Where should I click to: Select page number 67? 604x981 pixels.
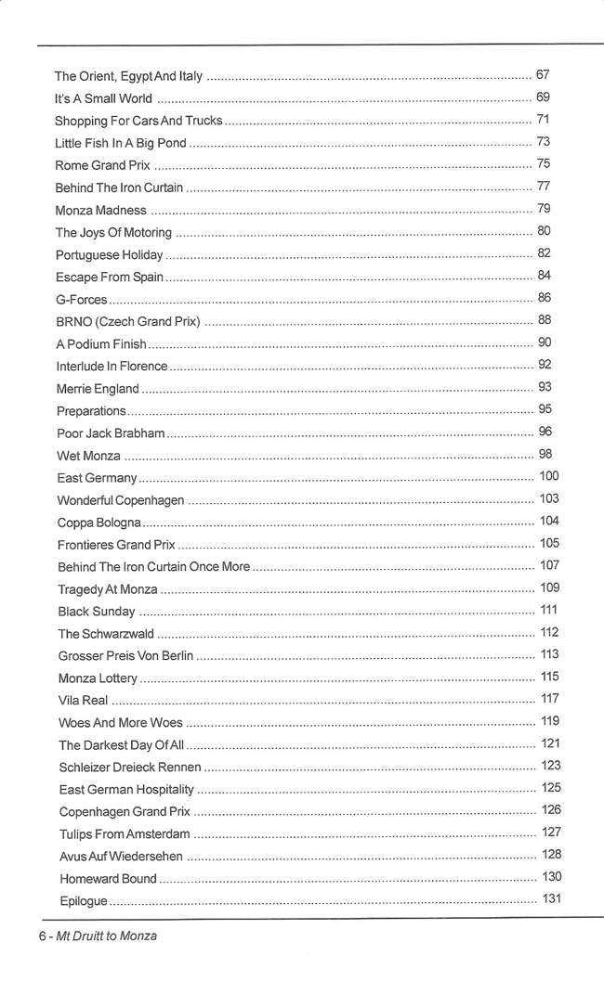coord(544,74)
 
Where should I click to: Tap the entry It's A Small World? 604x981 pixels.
coord(103,98)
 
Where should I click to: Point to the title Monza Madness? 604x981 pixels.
coord(101,210)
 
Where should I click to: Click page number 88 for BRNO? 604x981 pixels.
coord(545,320)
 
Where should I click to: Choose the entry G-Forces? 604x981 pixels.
coord(82,299)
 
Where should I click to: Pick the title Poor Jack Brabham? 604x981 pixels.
coord(111,433)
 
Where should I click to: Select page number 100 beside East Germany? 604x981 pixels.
coord(548,477)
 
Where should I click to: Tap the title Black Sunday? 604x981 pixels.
coord(97,612)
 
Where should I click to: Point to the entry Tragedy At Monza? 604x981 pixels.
coord(108,589)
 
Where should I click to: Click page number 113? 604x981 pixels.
coord(549,655)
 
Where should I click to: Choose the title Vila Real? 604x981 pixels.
coord(84,701)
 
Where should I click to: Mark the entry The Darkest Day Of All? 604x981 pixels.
coord(122,745)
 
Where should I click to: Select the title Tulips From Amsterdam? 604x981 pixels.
coord(125,834)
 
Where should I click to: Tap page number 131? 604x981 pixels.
coord(551,898)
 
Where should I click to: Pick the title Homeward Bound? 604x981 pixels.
coord(108,879)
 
